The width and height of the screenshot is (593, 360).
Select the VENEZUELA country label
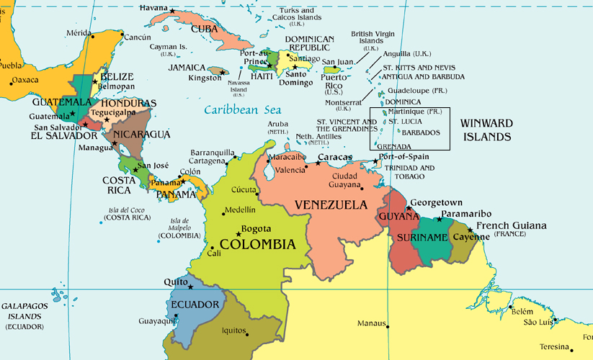point(331,205)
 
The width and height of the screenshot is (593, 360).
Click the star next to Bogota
point(238,233)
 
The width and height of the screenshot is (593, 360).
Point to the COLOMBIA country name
point(257,245)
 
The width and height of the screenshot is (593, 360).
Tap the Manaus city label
point(372,323)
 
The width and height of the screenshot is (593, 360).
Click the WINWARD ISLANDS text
point(487,130)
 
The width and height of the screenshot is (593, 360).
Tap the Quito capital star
point(190,287)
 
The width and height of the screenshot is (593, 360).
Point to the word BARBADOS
point(421,132)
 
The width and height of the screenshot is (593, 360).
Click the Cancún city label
point(137,37)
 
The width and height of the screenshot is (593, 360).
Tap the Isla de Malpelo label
point(179,228)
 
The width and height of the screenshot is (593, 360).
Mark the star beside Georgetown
point(409,208)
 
